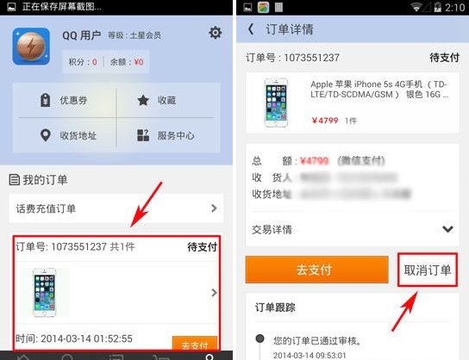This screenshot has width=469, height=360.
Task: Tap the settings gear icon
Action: click(x=215, y=34)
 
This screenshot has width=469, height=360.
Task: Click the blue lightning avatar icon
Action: click(x=31, y=47)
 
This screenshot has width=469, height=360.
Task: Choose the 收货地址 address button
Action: click(x=66, y=135)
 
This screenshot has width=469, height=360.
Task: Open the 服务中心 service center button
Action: click(x=165, y=135)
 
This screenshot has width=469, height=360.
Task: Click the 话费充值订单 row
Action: click(x=116, y=208)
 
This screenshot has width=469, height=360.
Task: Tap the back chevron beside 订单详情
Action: click(x=251, y=29)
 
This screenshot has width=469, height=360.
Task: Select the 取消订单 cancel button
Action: click(x=428, y=270)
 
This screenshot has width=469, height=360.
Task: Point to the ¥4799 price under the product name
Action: click(x=325, y=121)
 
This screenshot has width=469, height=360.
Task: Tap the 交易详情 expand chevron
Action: click(x=447, y=229)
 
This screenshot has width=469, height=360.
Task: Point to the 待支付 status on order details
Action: click(x=443, y=58)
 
